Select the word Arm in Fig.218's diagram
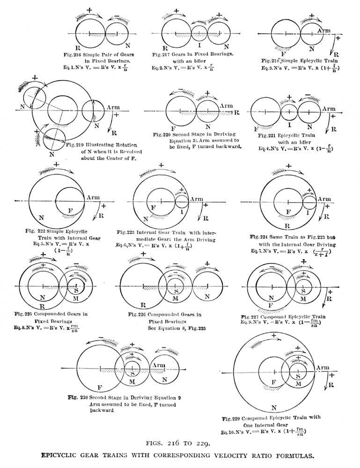pos(323,30)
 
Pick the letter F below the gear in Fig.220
pos(174,127)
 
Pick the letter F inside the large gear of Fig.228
pos(99,388)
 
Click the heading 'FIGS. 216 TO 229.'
pos(180,442)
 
